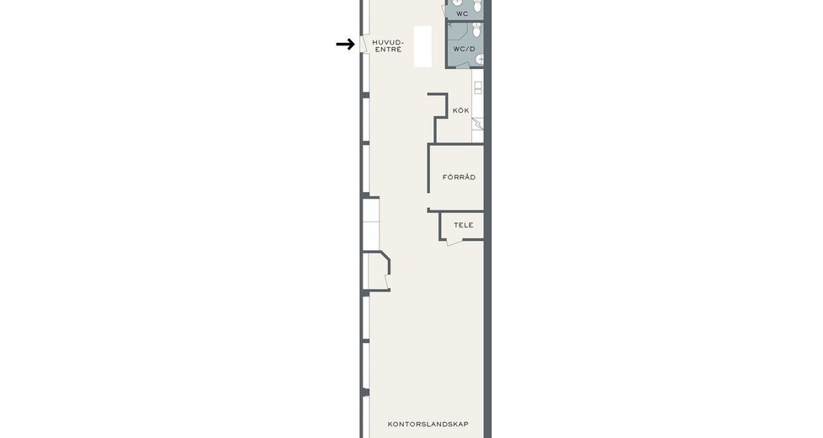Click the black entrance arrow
pyautogui.click(x=346, y=45)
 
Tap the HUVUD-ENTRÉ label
pyautogui.click(x=387, y=45)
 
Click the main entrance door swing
pyautogui.click(x=363, y=44)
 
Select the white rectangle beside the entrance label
pyautogui.click(x=422, y=46)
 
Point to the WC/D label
pyautogui.click(x=464, y=50)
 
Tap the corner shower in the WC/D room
pyautogui.click(x=455, y=31)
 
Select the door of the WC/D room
pyautogui.click(x=462, y=65)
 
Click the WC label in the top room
pyautogui.click(x=462, y=13)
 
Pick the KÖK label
pyautogui.click(x=461, y=110)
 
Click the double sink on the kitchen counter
pyautogui.click(x=477, y=88)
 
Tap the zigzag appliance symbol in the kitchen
pyautogui.click(x=477, y=124)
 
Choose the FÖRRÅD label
pyautogui.click(x=459, y=177)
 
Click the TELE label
pyautogui.click(x=464, y=225)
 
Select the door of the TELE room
pyautogui.click(x=454, y=242)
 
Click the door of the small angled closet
pyautogui.click(x=388, y=281)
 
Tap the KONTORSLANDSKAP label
pyautogui.click(x=428, y=424)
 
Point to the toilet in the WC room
pyautogui.click(x=477, y=6)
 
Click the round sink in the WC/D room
pyautogui.click(x=480, y=59)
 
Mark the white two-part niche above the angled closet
pyautogui.click(x=371, y=224)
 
